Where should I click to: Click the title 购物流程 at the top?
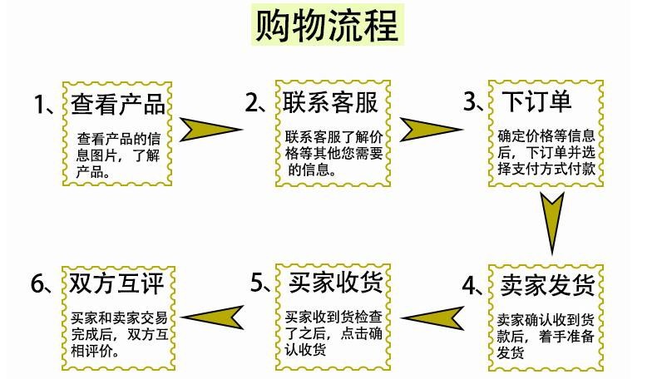327,26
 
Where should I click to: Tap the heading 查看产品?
118,104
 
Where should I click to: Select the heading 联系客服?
330,102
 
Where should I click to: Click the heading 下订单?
536,101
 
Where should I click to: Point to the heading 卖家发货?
547,285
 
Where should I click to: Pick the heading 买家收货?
336,283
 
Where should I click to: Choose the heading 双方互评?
116,283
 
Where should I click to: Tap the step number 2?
252,102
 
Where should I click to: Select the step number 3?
469,101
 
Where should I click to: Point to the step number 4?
469,285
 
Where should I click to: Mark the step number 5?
257,283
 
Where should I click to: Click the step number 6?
37,283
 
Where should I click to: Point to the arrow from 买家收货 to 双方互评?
214,317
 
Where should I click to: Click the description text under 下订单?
546,152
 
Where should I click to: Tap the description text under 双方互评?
120,334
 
